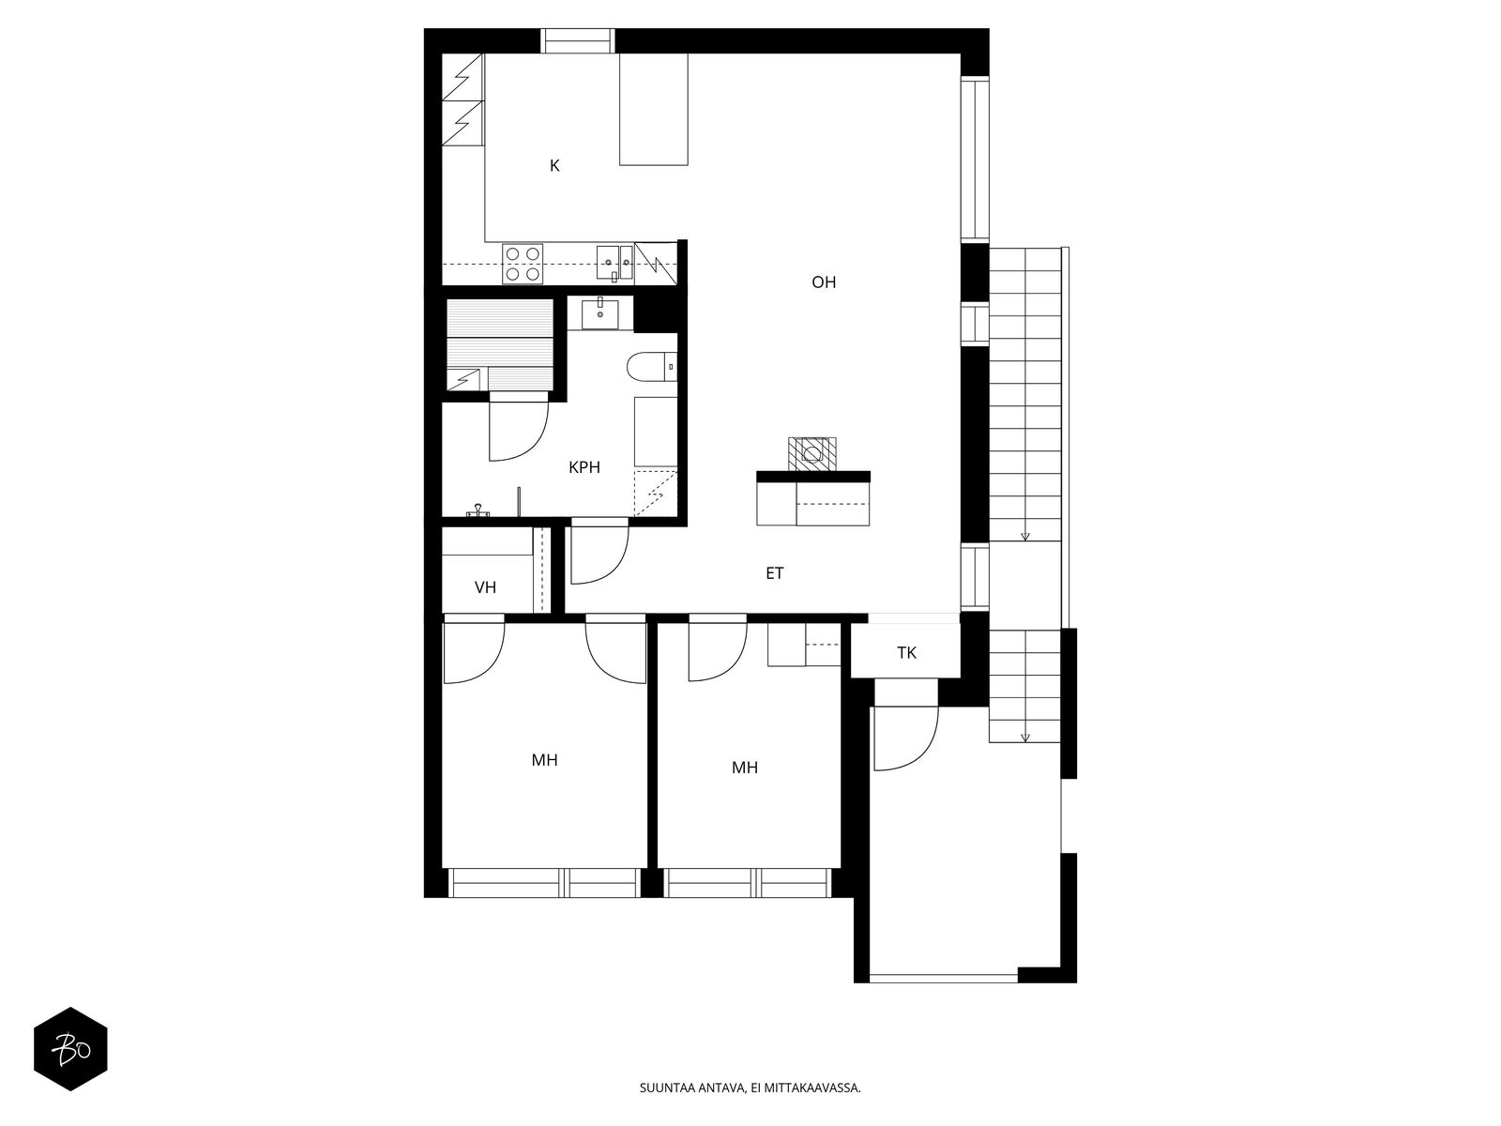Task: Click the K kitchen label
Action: tap(554, 165)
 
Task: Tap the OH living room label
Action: tap(824, 282)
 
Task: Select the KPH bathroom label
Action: tap(584, 467)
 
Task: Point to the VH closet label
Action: tap(485, 587)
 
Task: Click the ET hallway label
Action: tap(774, 573)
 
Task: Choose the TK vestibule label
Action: tap(906, 653)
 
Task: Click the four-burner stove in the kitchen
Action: tap(523, 264)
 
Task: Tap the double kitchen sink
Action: tap(614, 263)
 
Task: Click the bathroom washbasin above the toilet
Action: tap(599, 313)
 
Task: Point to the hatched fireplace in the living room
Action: tap(811, 454)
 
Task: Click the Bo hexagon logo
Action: tap(71, 1049)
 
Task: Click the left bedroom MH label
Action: tap(544, 759)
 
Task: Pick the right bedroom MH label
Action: tap(745, 768)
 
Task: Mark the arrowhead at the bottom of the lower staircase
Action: tap(1024, 738)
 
